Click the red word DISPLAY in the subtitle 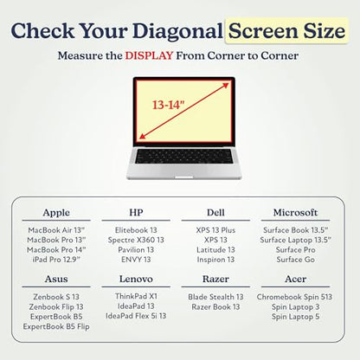149,55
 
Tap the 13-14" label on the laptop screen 168,105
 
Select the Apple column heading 56,213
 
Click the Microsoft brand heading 295,213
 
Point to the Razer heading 215,279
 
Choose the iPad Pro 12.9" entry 56,260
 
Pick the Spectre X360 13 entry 136,240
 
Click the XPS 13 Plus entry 215,230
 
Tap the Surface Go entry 295,260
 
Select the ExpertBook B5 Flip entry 56,326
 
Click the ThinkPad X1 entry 136,296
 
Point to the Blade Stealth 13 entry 215,297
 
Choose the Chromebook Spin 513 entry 294,297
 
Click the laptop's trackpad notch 184,177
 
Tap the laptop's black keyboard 183,157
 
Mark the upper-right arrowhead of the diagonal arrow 226,85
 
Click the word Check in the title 42,30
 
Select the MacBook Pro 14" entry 56,250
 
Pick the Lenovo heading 136,279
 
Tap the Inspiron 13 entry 215,260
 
